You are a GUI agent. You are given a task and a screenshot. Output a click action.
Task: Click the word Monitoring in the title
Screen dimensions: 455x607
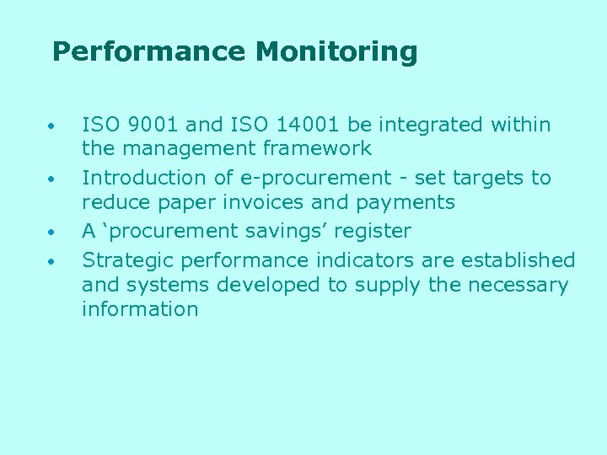coord(336,52)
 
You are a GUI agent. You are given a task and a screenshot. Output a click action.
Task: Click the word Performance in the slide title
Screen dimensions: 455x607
coord(149,52)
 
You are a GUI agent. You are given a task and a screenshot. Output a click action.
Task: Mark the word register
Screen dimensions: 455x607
coord(373,232)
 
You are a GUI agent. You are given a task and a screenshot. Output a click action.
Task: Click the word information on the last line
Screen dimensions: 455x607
coord(140,309)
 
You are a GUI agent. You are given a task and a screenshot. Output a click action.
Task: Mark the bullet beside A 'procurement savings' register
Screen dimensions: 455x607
coord(52,233)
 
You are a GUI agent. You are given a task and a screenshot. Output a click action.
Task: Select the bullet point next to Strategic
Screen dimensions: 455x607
coord(52,262)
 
